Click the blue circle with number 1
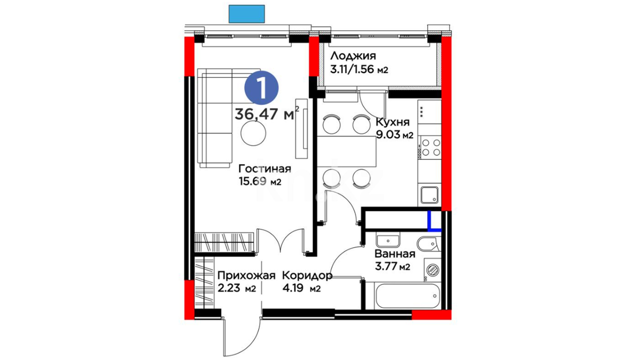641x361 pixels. coord(261,88)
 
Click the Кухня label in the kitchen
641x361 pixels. coord(393,122)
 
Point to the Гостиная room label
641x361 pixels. coord(265,168)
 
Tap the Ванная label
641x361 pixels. coord(395,254)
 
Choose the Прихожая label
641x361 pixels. coord(246,275)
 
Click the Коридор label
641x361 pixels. coord(307,276)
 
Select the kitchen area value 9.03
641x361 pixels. coord(388,135)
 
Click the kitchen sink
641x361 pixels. coord(429,195)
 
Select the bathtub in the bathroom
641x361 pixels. coord(408,296)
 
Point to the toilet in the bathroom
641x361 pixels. coord(429,244)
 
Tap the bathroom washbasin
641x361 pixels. coord(388,241)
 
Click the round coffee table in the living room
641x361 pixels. coord(253,133)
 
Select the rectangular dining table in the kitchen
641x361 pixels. coord(347,151)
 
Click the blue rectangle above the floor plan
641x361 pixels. coord(247,14)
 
